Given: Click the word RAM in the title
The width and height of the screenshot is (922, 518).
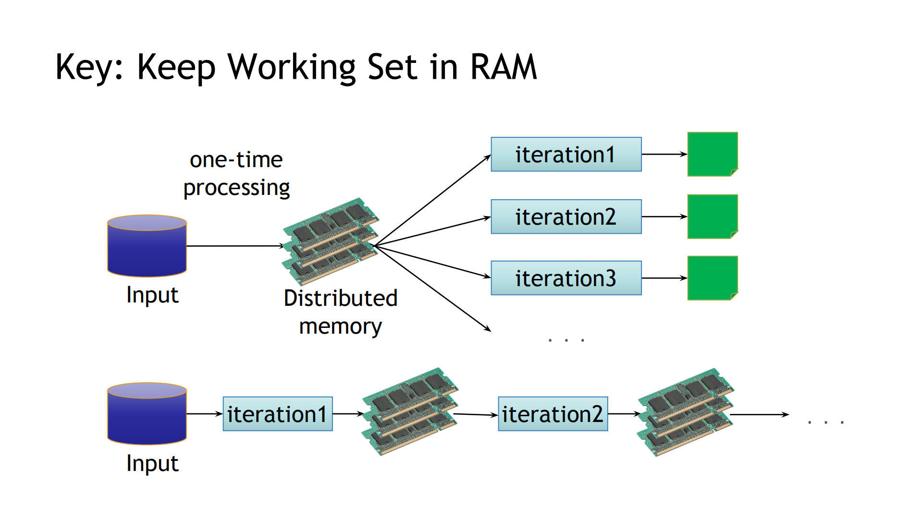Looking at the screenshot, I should [503, 67].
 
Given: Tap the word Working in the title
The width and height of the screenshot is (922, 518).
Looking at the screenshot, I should [292, 67].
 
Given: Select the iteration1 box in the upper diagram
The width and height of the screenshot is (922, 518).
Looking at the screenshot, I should [566, 155].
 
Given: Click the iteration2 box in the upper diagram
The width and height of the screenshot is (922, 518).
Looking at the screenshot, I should [566, 217].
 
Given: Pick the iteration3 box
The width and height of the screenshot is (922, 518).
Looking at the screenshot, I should [566, 278].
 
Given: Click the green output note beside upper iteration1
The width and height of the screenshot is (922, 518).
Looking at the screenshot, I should [713, 155].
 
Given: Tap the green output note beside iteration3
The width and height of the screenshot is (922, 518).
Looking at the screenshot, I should [713, 278].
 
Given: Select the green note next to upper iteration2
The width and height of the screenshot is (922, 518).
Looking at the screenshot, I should [713, 217].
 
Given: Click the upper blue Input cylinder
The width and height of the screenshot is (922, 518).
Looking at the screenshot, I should [147, 246].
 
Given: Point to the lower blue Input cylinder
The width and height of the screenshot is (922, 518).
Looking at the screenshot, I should [147, 414].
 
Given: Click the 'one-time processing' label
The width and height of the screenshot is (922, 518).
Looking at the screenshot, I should [236, 173].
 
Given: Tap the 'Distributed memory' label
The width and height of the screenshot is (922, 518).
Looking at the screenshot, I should [341, 312].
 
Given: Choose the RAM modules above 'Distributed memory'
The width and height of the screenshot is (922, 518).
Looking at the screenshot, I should [331, 242].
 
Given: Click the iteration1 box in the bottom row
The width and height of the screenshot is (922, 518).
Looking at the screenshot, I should [278, 414].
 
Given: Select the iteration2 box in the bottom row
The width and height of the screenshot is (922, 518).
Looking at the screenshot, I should [553, 414].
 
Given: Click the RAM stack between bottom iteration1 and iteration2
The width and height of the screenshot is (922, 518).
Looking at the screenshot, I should [410, 412].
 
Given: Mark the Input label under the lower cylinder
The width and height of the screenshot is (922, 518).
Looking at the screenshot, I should [152, 463].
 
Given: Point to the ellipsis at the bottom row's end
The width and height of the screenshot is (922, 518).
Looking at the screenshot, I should [826, 422].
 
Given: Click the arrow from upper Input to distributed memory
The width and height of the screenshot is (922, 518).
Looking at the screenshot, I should [234, 246].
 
